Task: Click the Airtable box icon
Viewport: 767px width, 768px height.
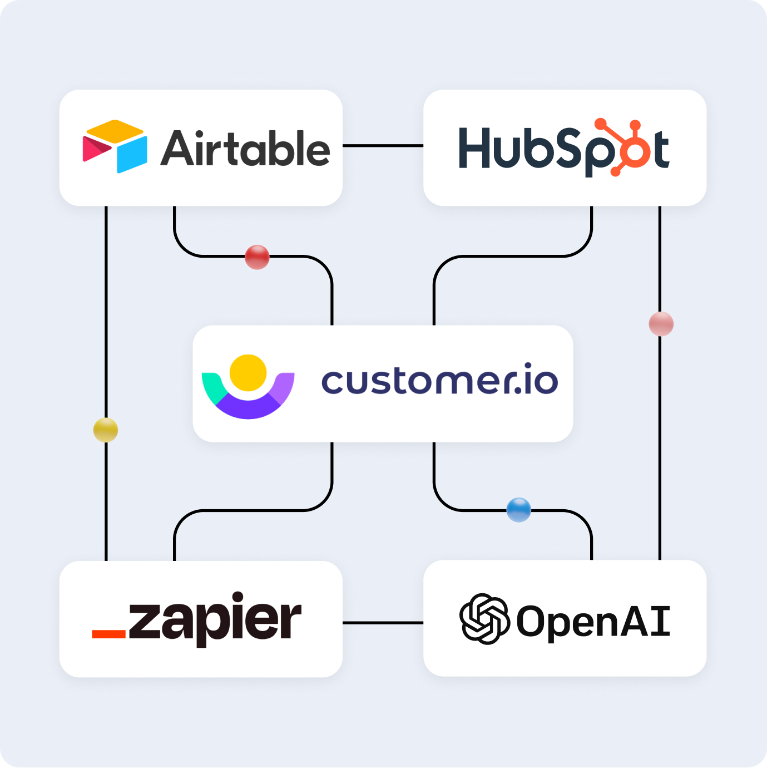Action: tap(115, 146)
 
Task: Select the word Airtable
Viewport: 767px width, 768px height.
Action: tap(245, 148)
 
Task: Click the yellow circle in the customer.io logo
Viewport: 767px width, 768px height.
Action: tap(248, 372)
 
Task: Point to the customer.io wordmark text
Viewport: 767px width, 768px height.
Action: tap(439, 381)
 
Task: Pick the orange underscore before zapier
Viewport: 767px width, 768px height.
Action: tap(108, 634)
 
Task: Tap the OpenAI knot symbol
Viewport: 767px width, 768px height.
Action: tap(484, 619)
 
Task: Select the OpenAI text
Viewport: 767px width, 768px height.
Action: tap(593, 621)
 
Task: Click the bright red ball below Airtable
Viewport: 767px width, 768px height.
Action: tap(257, 257)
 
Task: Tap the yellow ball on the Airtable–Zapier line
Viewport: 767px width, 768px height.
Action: tap(106, 430)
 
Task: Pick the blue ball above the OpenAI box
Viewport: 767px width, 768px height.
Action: tap(518, 510)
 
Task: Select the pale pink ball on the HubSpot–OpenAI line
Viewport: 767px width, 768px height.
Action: tap(661, 324)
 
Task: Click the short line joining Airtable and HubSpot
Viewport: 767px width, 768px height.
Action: tap(383, 146)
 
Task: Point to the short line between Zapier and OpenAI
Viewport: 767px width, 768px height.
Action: tap(383, 623)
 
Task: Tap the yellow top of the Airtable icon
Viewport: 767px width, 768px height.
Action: tap(115, 130)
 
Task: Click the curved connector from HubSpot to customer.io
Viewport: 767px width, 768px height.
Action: tap(512, 257)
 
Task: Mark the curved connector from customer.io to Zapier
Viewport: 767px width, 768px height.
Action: tap(250, 510)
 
